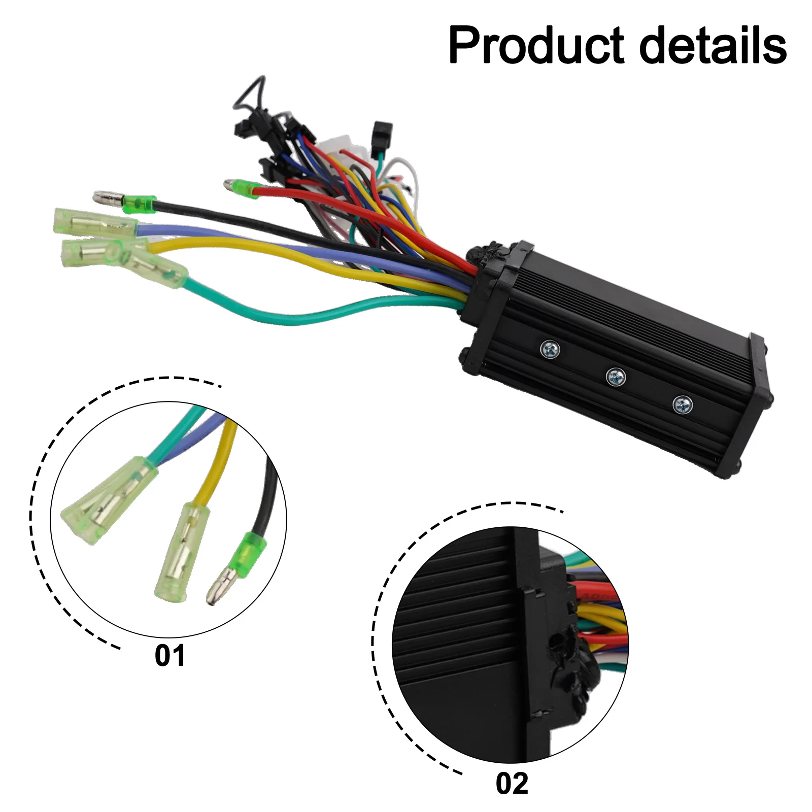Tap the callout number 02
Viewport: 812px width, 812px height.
[x=512, y=784]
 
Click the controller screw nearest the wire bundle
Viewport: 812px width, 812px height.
[x=550, y=349]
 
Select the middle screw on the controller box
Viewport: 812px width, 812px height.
[x=616, y=376]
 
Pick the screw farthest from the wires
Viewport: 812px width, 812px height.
[x=682, y=404]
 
